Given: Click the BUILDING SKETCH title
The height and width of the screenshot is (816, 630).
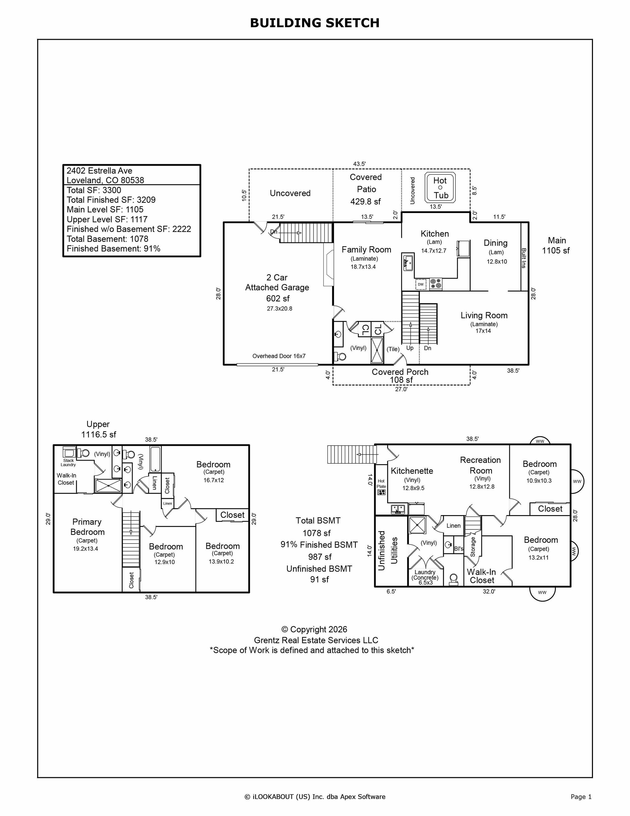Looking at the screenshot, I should (315, 23).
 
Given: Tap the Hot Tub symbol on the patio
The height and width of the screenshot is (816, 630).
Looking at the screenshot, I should (440, 188).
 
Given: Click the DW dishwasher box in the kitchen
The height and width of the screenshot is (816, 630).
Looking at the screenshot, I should (421, 284).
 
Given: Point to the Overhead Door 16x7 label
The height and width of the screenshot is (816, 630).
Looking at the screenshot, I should (279, 356).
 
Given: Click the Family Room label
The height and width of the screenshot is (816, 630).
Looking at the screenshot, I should (366, 249).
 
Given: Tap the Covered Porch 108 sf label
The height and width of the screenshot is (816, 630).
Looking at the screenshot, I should (400, 376).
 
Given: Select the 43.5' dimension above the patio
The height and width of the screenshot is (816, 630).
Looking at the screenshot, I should (359, 164).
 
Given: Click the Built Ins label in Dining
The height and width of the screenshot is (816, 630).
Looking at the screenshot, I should (524, 258).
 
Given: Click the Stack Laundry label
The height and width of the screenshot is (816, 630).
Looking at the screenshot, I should (68, 463).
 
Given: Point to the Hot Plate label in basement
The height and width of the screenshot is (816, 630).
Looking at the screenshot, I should (381, 484).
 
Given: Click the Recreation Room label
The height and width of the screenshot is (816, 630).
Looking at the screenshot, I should (480, 465).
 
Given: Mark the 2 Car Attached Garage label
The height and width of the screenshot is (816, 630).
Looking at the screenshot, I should (277, 283).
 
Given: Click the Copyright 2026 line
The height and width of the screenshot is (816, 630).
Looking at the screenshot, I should (314, 630).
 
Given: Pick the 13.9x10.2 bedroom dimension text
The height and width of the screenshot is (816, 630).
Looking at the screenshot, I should (222, 561).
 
